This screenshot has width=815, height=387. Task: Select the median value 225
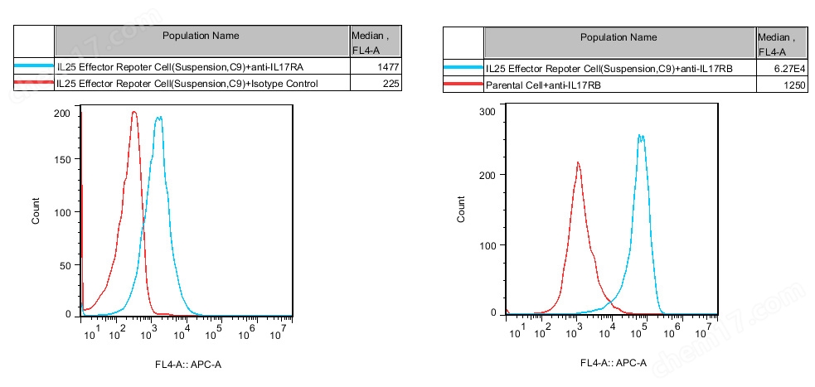tap(391, 84)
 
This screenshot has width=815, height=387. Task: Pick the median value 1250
tap(794, 85)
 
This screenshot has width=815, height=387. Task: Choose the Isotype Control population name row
tap(187, 84)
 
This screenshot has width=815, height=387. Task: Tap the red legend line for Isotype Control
tap(34, 84)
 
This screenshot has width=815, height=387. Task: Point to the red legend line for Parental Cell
tap(463, 85)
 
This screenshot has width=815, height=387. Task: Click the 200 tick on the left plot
tap(62, 113)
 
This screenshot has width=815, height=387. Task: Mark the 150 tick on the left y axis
tap(62, 158)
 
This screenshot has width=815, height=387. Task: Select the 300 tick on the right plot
tap(488, 111)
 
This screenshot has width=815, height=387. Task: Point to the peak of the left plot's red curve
tap(133, 113)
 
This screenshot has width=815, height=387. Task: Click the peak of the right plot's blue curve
tap(640, 136)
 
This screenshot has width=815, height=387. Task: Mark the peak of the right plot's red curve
tap(578, 163)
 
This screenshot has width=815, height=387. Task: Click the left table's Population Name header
tap(201, 36)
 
